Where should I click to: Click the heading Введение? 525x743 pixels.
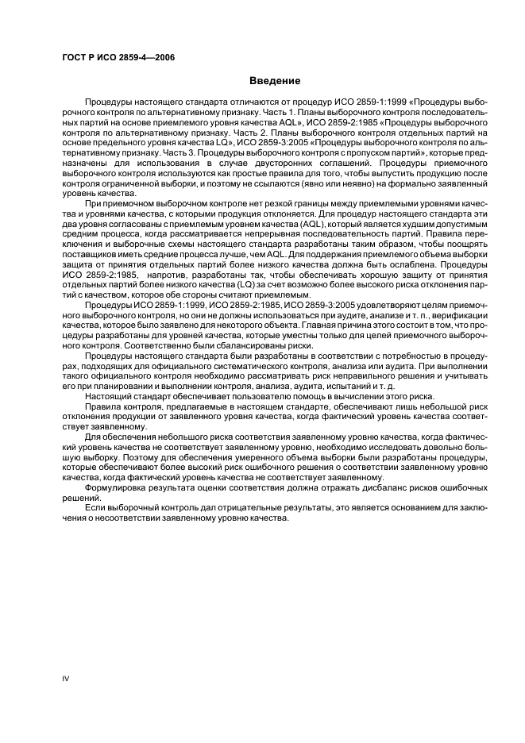click(275, 80)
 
